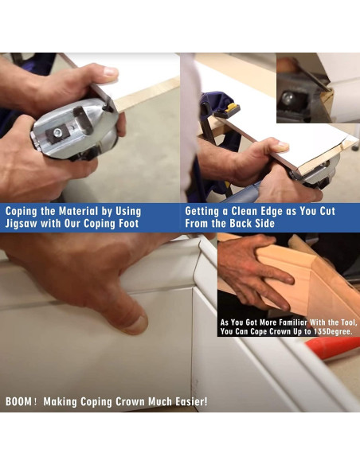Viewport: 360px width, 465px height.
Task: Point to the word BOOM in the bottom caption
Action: click(18, 402)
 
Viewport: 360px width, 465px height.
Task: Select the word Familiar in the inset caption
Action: click(293, 322)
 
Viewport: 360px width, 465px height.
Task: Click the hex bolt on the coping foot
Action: click(57, 131)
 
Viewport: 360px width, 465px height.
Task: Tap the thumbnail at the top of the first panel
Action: click(111, 72)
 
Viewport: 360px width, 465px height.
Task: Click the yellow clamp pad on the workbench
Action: click(231, 108)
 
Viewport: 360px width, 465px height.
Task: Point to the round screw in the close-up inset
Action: click(288, 99)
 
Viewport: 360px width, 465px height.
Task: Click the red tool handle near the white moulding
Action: click(333, 347)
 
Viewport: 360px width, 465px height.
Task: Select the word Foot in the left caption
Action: click(129, 223)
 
